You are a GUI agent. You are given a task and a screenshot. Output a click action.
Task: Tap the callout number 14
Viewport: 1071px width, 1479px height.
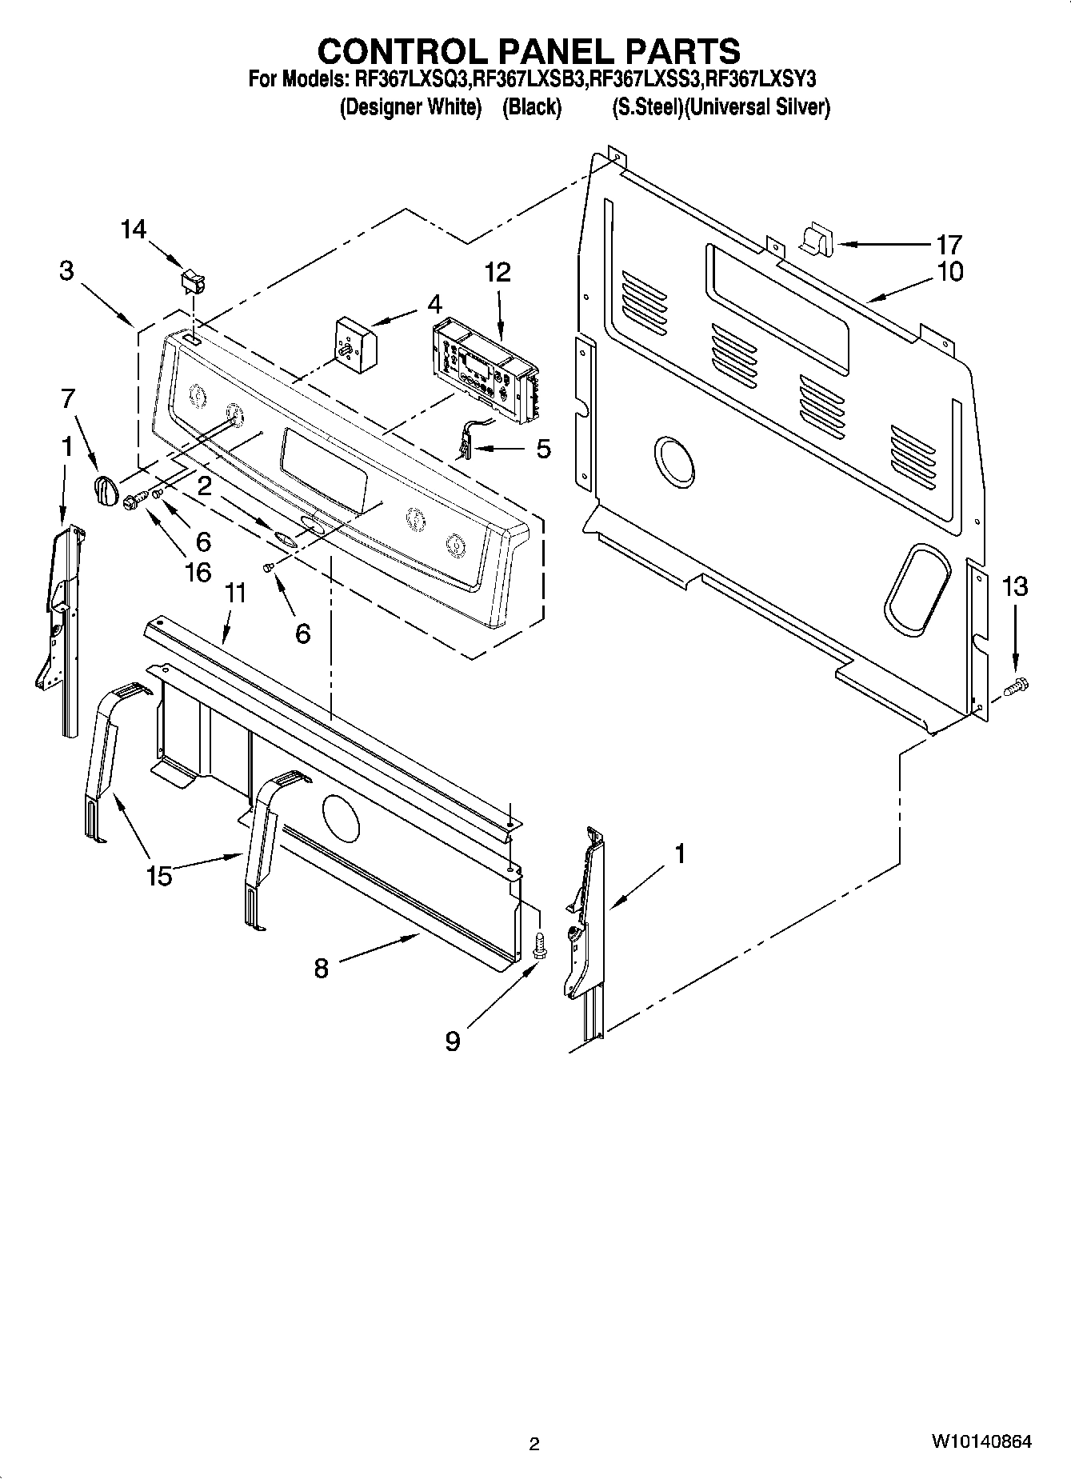134,230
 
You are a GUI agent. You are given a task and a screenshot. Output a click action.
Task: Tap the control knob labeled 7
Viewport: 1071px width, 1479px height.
105,489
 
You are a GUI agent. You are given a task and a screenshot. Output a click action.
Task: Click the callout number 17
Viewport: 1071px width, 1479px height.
949,244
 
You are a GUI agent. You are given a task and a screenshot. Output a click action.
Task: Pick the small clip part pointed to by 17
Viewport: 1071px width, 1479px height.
816,238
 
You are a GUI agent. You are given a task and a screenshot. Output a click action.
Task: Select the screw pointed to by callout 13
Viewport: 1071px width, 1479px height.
1018,685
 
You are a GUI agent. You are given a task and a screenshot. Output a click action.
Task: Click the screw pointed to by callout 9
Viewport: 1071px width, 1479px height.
540,945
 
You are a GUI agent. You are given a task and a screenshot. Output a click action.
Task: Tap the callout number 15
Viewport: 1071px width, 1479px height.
159,876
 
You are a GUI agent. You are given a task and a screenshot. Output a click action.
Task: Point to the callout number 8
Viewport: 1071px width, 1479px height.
321,969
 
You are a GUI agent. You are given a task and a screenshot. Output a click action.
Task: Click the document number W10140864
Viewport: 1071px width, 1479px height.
981,1442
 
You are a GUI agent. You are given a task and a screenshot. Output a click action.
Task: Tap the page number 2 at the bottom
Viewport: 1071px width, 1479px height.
534,1444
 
